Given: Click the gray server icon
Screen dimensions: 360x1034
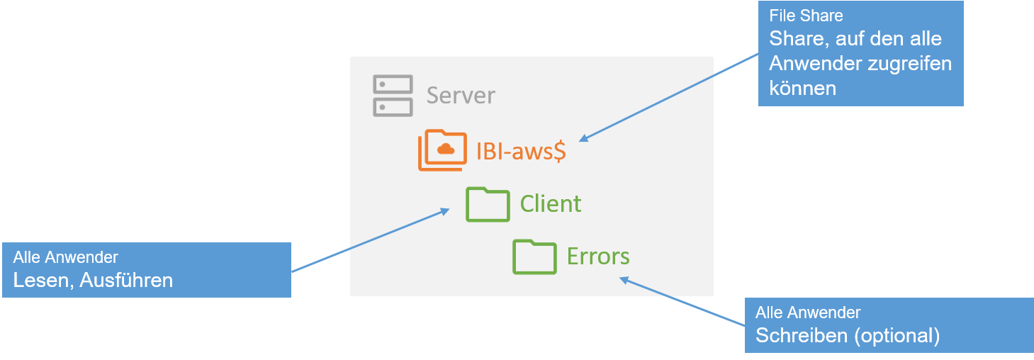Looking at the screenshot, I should (x=393, y=96).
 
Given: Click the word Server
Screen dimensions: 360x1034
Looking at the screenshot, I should (x=461, y=96).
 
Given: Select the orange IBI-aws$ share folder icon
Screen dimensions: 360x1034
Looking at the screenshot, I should (x=442, y=150).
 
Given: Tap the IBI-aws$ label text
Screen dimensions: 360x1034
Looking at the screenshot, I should (x=521, y=151).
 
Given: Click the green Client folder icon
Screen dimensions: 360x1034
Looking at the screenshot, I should (x=488, y=204).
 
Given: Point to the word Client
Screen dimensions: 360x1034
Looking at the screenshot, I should (x=551, y=204).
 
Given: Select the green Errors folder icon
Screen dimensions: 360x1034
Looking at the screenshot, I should (x=534, y=256).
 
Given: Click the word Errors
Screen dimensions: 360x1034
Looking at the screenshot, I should (x=598, y=256).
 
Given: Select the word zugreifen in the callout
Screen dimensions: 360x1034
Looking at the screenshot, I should (x=909, y=64).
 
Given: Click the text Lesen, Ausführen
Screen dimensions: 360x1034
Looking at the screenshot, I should (x=93, y=281).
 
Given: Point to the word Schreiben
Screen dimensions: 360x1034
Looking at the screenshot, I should (x=802, y=335).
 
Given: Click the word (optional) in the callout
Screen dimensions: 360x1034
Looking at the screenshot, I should (x=897, y=335).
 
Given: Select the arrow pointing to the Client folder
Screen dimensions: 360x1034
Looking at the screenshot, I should (x=369, y=240).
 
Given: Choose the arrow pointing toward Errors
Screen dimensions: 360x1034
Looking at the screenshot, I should (x=683, y=302).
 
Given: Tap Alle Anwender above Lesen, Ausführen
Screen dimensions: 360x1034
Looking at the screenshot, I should (x=65, y=258).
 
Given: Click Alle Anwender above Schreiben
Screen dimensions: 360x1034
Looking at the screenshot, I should (x=808, y=313).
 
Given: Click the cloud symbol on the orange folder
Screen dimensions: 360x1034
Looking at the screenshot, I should (x=446, y=148).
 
